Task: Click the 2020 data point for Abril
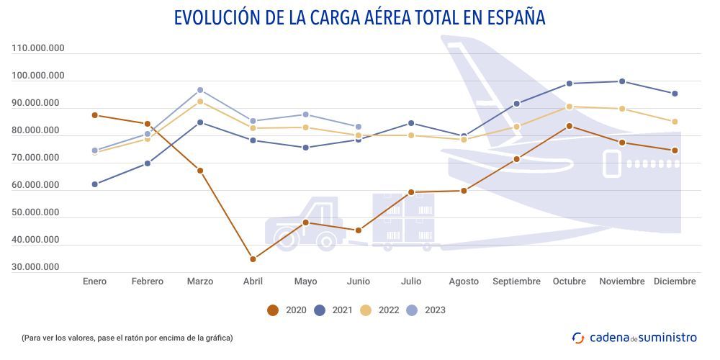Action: tap(253, 259)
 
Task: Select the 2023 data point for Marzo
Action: tap(200, 91)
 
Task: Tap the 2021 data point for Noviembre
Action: tap(622, 81)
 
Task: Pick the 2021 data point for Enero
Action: tap(95, 184)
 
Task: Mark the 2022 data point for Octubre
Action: tap(569, 107)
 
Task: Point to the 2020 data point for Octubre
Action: tap(569, 126)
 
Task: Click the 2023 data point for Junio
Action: tap(359, 127)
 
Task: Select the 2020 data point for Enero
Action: tap(95, 115)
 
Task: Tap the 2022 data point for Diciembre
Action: tap(675, 122)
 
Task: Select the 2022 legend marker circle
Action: tap(366, 310)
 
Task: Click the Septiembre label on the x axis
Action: tap(516, 282)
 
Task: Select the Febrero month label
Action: tap(147, 282)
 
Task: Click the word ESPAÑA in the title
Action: tap(513, 17)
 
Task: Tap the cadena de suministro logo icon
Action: tap(577, 337)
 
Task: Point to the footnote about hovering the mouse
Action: tap(127, 337)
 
